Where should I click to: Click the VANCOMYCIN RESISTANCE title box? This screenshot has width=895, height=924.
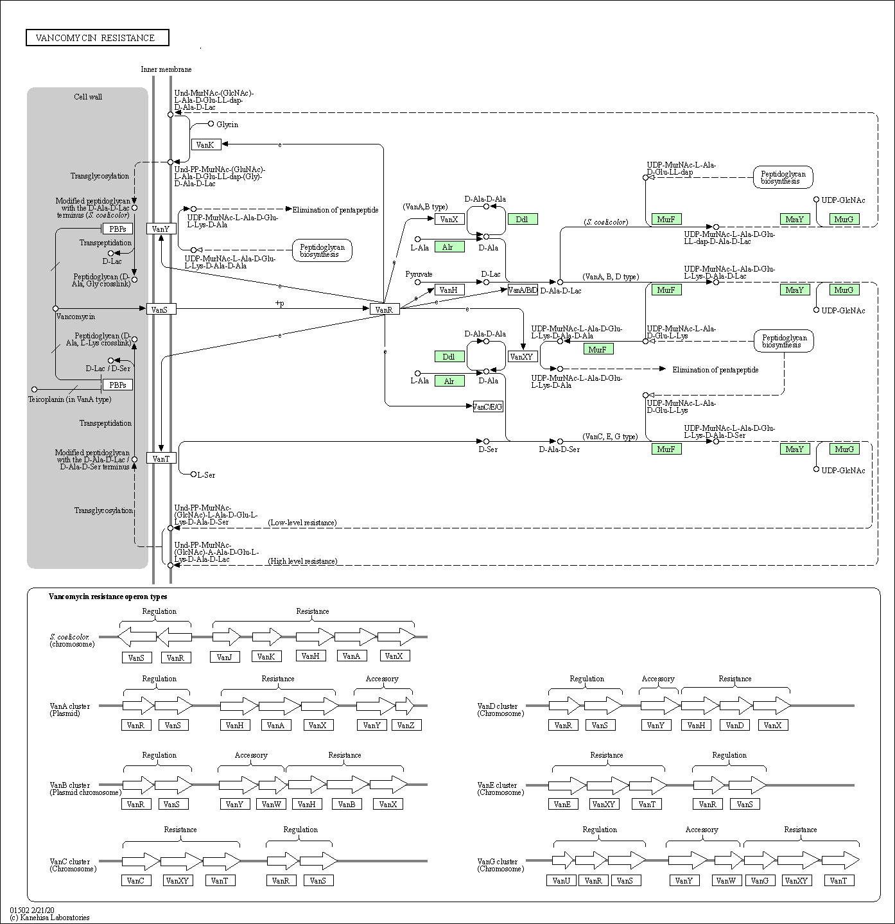[x=97, y=38]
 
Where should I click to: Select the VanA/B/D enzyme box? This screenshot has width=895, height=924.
[x=523, y=290]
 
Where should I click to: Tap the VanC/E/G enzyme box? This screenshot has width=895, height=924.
[x=487, y=406]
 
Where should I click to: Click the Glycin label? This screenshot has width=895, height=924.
[x=227, y=125]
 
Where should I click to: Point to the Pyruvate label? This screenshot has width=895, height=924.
[x=419, y=274]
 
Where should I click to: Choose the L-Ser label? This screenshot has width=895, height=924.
[x=206, y=475]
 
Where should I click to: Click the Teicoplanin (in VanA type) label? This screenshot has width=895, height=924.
[x=69, y=399]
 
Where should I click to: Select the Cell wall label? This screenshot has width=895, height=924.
[x=88, y=97]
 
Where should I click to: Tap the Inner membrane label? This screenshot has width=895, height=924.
[x=166, y=69]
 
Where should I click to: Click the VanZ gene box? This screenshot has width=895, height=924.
[x=406, y=725]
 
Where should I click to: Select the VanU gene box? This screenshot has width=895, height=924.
[x=561, y=880]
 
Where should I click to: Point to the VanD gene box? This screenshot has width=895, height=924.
[x=734, y=725]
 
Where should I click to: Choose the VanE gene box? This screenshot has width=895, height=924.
[x=562, y=804]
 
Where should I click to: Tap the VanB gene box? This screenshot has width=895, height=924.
[x=347, y=804]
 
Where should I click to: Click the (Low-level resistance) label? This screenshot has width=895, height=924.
[x=302, y=523]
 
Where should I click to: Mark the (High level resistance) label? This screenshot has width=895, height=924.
[x=302, y=561]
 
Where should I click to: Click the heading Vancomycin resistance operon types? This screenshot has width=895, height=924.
[x=108, y=597]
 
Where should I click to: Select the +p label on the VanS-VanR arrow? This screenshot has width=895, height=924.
[x=279, y=303]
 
